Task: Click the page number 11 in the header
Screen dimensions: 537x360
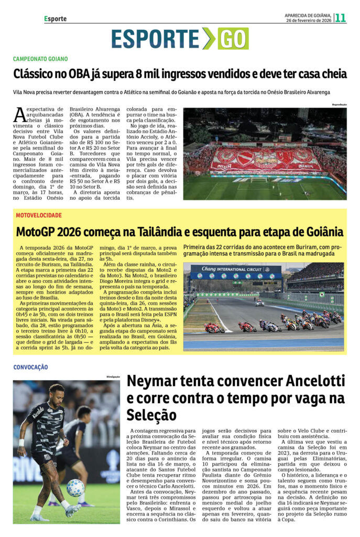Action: pos(341,18)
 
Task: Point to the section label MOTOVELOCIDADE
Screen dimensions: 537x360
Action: pos(39,216)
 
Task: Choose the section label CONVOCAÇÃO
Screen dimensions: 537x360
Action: pos(30,367)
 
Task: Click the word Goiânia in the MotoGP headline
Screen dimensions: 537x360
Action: pos(320,232)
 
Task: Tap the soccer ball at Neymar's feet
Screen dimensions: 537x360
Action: pos(75,487)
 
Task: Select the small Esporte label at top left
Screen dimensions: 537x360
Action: pos(55,19)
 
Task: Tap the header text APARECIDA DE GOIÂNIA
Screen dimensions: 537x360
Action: pos(307,15)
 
